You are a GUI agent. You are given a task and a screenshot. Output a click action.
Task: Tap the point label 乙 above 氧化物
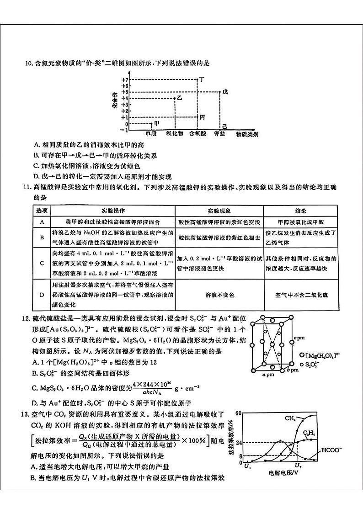click(x=179, y=98)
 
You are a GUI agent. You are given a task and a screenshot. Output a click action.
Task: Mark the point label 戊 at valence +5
click(x=224, y=92)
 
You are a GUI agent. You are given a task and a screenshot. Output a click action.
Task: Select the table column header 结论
click(x=300, y=211)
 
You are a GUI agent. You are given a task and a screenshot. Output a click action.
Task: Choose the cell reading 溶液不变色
click(x=219, y=295)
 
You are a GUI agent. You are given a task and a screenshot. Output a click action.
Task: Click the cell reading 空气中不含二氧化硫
click(x=300, y=295)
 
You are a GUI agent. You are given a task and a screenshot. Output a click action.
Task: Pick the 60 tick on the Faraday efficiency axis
click(x=238, y=413)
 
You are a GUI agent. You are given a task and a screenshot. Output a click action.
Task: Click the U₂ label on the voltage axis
click(x=298, y=465)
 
